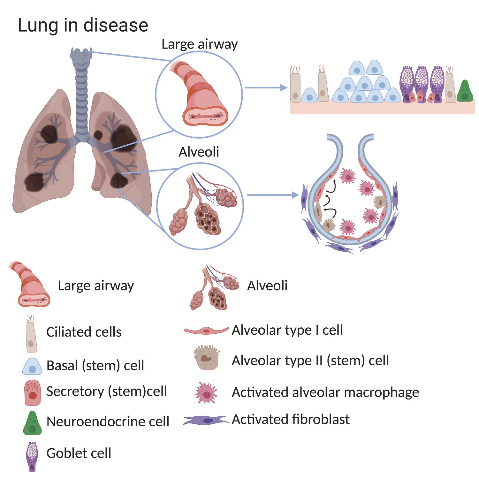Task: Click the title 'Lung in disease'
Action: pyautogui.click(x=83, y=25)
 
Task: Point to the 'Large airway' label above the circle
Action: pyautogui.click(x=200, y=44)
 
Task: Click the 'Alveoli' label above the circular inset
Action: pyautogui.click(x=199, y=152)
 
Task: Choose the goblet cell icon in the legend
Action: pyautogui.click(x=32, y=456)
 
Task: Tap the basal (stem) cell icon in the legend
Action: pyautogui.click(x=32, y=367)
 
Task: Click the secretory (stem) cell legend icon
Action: pyautogui.click(x=33, y=393)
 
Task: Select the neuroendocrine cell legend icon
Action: pyautogui.click(x=32, y=423)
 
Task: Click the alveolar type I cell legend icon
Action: pyautogui.click(x=206, y=331)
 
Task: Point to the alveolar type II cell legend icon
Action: pyautogui.click(x=207, y=357)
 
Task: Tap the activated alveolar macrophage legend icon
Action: pyautogui.click(x=206, y=393)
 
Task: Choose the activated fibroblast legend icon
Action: pyautogui.click(x=206, y=420)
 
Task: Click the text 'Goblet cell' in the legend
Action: pyautogui.click(x=79, y=453)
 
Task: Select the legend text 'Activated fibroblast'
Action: pyautogui.click(x=291, y=419)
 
